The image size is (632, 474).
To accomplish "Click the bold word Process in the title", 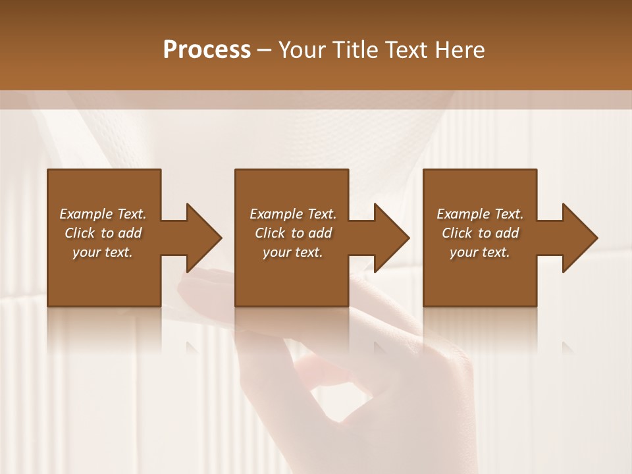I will (207, 50).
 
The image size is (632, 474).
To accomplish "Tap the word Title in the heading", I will (354, 50).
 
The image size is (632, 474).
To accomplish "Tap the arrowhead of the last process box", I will (579, 238).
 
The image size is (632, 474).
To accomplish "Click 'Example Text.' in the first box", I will (103, 214).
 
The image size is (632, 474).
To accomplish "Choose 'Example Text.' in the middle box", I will (293, 214).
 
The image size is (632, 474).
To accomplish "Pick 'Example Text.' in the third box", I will (480, 214).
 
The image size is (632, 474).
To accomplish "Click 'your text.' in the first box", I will (103, 252).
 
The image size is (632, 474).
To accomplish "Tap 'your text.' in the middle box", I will (293, 252).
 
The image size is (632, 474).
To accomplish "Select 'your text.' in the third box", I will (480, 252).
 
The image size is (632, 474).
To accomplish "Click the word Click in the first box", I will (80, 233).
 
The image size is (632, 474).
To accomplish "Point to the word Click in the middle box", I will (270, 233).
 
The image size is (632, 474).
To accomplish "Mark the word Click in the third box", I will (457, 233).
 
